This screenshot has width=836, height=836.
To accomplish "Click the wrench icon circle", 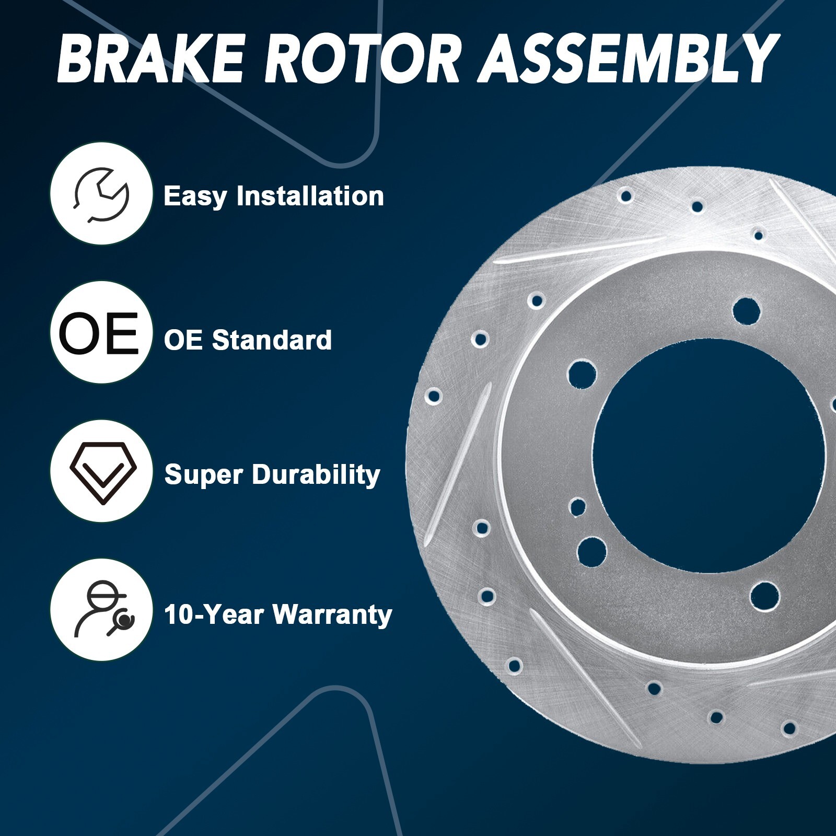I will (101, 194).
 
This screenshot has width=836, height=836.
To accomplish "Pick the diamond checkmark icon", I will (102, 472).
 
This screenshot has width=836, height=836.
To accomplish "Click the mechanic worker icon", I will (102, 610).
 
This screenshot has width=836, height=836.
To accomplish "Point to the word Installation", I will (310, 196).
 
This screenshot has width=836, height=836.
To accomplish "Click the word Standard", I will (272, 340).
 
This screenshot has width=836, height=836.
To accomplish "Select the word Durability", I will (316, 475).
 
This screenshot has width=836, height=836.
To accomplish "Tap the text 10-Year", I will (213, 614).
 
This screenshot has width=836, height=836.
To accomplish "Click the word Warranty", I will (332, 614).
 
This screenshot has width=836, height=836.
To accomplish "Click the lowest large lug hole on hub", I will (764, 596).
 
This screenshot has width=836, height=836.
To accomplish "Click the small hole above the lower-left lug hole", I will (577, 506).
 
